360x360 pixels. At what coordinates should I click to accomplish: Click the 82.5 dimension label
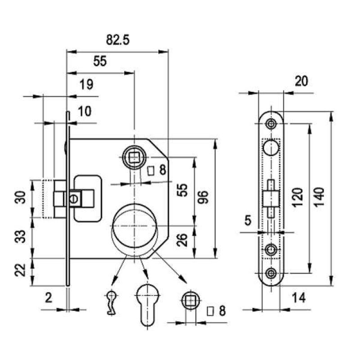[117, 40]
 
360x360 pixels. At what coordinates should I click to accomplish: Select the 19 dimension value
[86, 84]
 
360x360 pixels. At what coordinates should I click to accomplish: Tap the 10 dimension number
[85, 111]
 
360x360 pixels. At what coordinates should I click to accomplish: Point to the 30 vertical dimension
[20, 198]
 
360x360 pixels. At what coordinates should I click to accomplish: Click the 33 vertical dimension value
[20, 237]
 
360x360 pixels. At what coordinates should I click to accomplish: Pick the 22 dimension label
[20, 270]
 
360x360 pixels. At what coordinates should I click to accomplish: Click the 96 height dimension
[203, 197]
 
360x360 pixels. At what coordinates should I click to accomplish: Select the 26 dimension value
[183, 240]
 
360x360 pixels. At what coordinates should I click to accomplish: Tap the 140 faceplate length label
[319, 197]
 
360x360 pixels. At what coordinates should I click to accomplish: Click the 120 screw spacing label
[298, 197]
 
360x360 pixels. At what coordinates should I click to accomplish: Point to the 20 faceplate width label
[301, 81]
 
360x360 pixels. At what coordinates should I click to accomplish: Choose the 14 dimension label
[299, 298]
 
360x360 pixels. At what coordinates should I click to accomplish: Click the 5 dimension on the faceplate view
[248, 220]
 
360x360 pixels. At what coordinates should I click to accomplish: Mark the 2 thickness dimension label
[49, 298]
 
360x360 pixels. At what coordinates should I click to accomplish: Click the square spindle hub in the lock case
[134, 157]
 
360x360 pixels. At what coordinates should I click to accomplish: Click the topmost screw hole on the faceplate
[271, 124]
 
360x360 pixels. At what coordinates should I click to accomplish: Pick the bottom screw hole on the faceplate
[271, 273]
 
